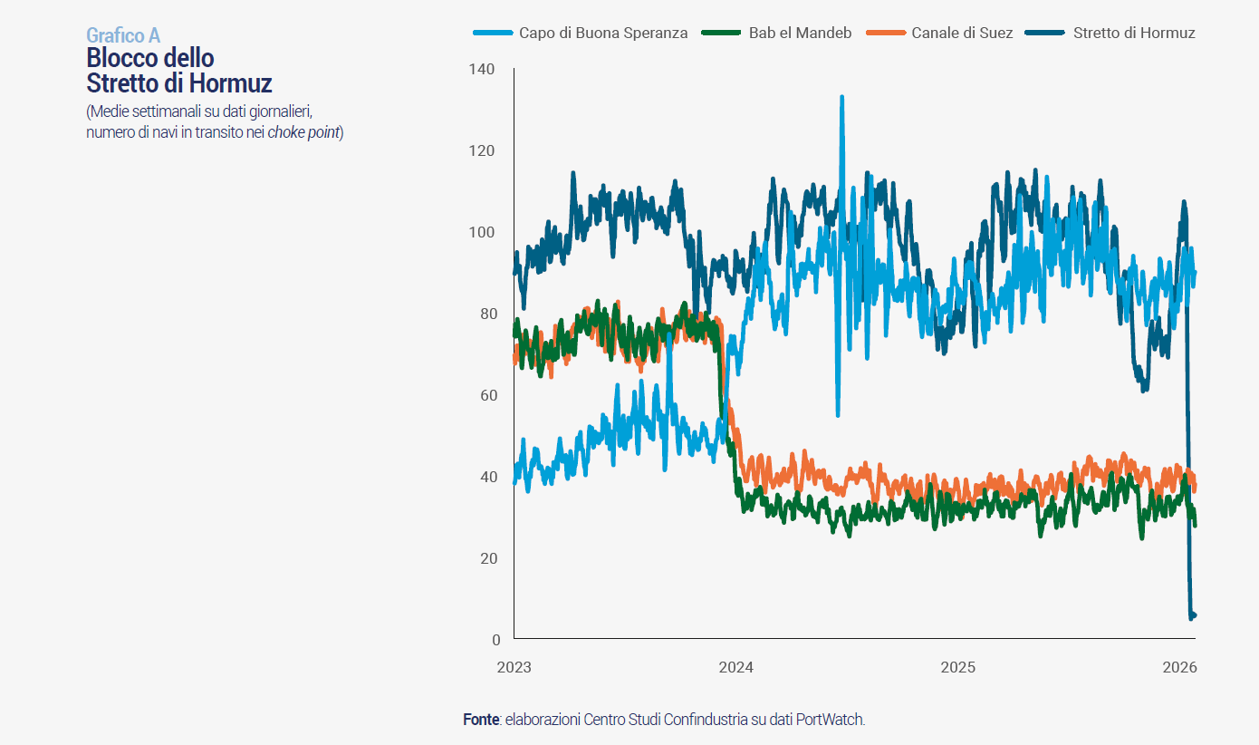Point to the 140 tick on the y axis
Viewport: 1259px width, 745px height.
tap(484, 69)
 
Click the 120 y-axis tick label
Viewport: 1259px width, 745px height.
tap(484, 150)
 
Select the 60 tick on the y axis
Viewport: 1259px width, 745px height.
tap(488, 395)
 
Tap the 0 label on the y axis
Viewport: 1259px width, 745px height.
tap(495, 640)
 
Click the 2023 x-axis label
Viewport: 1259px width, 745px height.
tap(514, 668)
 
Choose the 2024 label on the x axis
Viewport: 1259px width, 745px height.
tap(735, 668)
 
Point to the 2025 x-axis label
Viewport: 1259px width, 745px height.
tap(957, 668)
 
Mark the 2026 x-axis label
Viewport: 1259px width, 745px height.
tap(1179, 668)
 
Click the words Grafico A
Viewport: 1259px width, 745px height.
tap(123, 35)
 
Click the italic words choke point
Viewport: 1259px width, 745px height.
tap(303, 132)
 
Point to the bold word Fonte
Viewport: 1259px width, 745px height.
tap(481, 720)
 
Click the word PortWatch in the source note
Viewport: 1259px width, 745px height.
tap(832, 720)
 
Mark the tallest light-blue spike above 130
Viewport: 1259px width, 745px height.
tap(841, 97)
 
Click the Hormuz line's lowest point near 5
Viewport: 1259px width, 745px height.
tap(1191, 617)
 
